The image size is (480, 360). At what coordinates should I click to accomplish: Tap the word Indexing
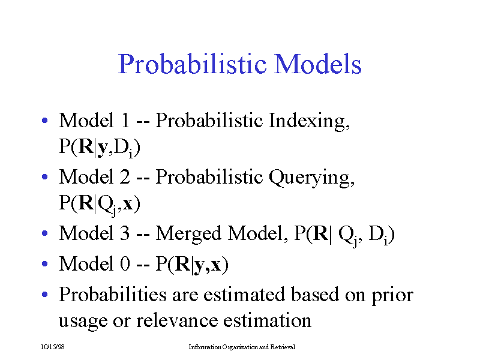[309, 121]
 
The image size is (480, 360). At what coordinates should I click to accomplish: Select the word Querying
[313, 178]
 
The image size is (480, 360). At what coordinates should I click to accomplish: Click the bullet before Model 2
[45, 178]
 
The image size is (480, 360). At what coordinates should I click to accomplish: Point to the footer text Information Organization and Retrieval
[241, 347]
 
